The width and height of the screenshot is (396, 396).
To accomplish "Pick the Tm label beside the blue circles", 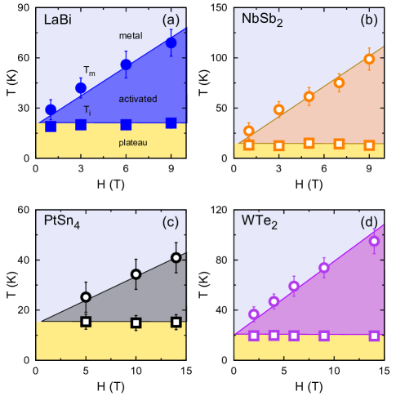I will [x=89, y=72].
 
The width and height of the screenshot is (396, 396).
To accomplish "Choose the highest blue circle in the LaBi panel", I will [x=171, y=42].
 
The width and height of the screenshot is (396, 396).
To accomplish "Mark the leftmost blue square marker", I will [x=51, y=126].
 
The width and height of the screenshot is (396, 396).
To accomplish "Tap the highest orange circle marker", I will [x=369, y=59].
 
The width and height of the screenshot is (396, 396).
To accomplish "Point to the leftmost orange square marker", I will [x=249, y=145].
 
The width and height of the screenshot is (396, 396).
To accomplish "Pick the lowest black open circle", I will [x=87, y=297].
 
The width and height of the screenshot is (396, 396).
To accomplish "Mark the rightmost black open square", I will [x=176, y=322].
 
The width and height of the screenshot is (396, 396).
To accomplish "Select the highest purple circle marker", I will [x=374, y=241].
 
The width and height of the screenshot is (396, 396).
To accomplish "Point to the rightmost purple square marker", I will [x=374, y=336].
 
